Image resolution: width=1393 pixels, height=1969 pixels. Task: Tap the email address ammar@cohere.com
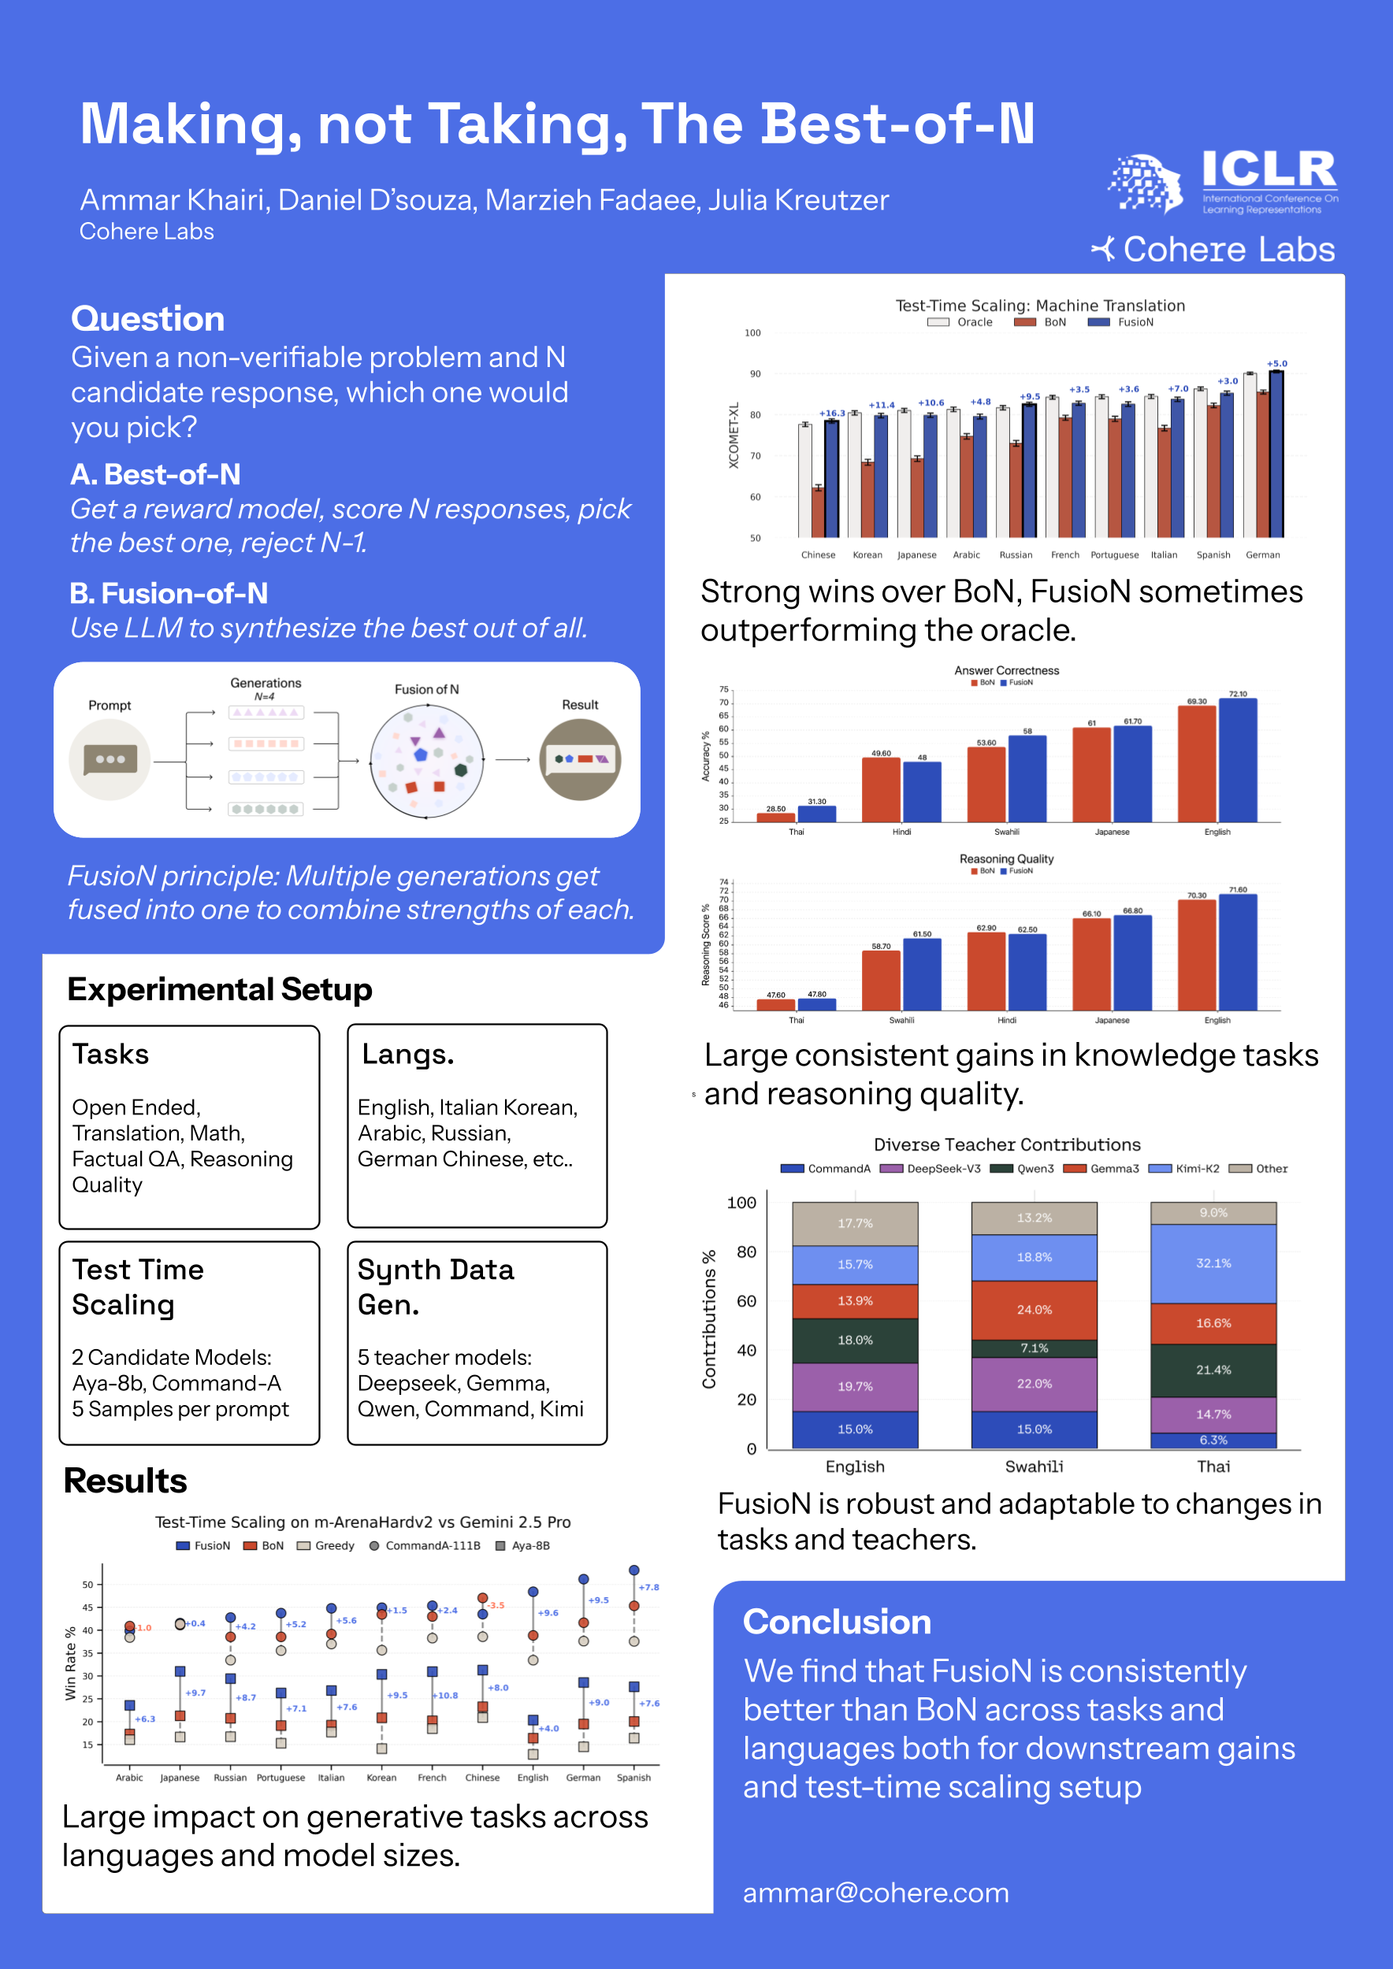pos(875,1893)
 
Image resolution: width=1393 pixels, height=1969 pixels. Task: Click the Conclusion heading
pos(836,1622)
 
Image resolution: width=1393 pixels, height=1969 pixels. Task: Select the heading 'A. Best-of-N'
pos(155,474)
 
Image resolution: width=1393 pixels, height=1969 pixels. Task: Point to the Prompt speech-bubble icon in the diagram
pos(110,759)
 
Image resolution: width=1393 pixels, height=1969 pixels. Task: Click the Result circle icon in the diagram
pos(580,759)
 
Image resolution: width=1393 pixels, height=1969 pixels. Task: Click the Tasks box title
pos(110,1054)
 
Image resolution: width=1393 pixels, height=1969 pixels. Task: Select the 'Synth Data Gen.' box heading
pos(436,1286)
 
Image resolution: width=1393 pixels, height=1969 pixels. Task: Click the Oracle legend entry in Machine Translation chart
pos(961,322)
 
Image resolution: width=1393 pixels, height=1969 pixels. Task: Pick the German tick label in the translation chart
pos(1263,554)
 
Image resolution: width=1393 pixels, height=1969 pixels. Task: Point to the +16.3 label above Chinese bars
pos(832,413)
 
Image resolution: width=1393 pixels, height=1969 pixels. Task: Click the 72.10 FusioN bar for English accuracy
pos(1238,759)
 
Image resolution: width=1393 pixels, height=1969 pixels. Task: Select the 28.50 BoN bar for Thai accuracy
pos(775,818)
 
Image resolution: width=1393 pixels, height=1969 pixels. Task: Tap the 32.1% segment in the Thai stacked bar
pos(1213,1263)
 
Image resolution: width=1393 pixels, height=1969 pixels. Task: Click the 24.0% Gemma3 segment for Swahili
pos(1034,1310)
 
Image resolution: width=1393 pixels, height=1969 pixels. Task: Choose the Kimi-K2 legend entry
pos(1186,1169)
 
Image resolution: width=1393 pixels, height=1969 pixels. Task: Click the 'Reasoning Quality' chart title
pos(1006,859)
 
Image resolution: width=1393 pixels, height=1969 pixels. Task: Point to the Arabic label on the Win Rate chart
pos(129,1778)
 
